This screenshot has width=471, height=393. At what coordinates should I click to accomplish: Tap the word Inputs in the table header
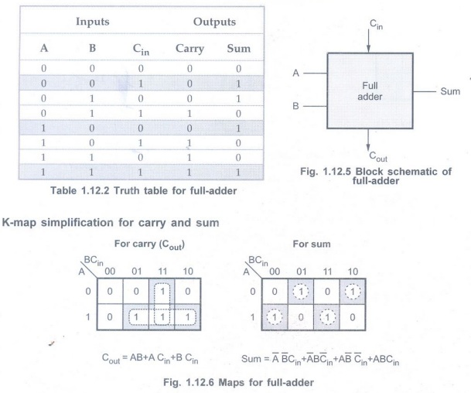[x=92, y=22]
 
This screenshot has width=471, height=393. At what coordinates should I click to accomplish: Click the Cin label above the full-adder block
[x=376, y=26]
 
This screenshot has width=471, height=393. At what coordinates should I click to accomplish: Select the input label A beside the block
[x=295, y=73]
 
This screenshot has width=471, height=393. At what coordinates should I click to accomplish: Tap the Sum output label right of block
[x=450, y=91]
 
